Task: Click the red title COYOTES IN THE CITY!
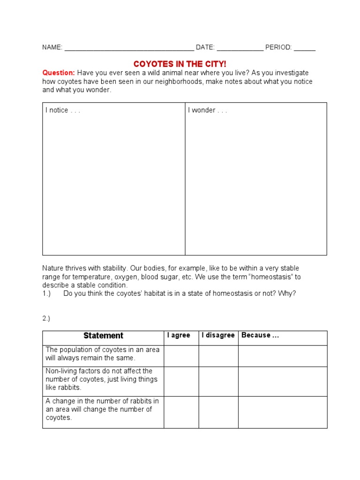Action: coord(180,64)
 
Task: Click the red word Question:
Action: coord(59,73)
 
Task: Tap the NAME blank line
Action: coord(129,48)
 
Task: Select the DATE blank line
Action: coord(240,48)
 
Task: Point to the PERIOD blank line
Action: coord(305,48)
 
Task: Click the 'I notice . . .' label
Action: coord(62,110)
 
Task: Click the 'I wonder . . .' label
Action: coord(207,110)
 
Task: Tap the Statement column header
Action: coord(103,336)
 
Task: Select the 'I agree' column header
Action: coord(179,335)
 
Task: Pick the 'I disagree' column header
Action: coord(218,335)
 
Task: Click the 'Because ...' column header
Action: coord(260,335)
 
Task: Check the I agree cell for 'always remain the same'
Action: coord(181,356)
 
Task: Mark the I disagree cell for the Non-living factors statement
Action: coord(218,381)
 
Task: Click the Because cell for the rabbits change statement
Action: coord(282,412)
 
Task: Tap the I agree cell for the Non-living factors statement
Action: coord(181,381)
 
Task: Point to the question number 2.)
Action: coord(46,318)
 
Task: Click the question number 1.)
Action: coord(46,293)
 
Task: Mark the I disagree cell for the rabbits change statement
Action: coord(218,412)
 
